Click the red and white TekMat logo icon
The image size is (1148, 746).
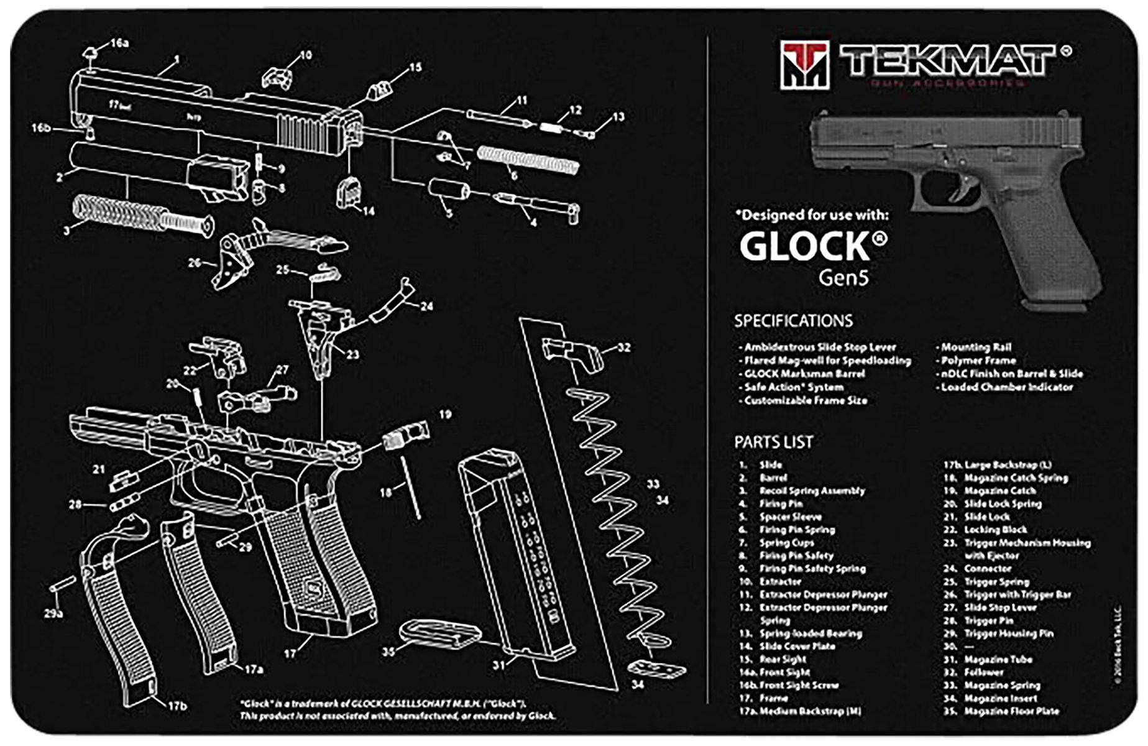pyautogui.click(x=804, y=64)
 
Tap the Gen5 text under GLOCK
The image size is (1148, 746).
pyautogui.click(x=843, y=277)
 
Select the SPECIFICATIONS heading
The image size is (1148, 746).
pyautogui.click(x=793, y=321)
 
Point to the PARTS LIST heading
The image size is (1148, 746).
pyautogui.click(x=773, y=442)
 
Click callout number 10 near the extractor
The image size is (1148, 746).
pyautogui.click(x=305, y=55)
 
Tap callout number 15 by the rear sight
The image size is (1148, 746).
pyautogui.click(x=415, y=67)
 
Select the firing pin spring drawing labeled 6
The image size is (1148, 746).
pyautogui.click(x=528, y=159)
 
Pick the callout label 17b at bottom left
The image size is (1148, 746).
pyautogui.click(x=177, y=706)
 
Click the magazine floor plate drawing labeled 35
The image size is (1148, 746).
pyautogui.click(x=438, y=632)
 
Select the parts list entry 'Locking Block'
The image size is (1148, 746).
pyautogui.click(x=995, y=530)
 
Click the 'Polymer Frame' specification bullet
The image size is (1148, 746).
pyautogui.click(x=978, y=360)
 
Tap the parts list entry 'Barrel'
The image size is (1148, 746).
pyautogui.click(x=773, y=478)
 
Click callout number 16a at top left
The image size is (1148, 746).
pyautogui.click(x=119, y=43)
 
